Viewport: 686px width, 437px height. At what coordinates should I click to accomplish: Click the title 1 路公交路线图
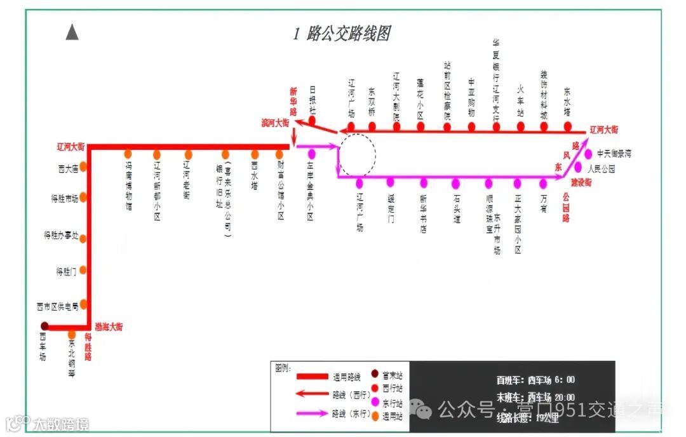(x=341, y=34)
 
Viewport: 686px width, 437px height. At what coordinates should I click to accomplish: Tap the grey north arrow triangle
(x=72, y=32)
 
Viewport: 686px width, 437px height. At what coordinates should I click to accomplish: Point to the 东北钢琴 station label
(x=72, y=359)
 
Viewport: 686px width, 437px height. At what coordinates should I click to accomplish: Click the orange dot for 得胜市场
(x=83, y=198)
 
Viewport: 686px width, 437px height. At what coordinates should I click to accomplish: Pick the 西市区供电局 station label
(x=58, y=306)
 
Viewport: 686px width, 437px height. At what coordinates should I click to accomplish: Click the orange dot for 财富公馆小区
(x=279, y=154)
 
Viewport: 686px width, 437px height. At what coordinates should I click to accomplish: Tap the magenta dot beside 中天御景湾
(x=588, y=154)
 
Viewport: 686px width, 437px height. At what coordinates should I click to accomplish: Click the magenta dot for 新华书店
(x=423, y=182)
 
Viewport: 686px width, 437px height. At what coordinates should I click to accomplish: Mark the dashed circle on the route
(x=357, y=154)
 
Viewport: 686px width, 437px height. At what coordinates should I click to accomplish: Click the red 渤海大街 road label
(x=109, y=327)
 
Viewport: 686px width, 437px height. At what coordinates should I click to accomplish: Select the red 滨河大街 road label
(x=275, y=121)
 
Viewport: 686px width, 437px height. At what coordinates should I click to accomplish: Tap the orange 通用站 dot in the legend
(x=375, y=416)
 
